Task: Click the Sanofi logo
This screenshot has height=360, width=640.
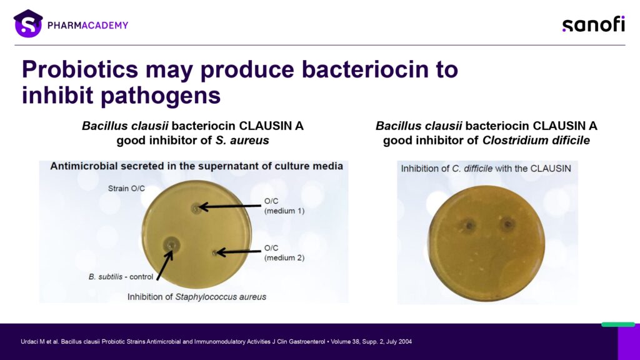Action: click(594, 24)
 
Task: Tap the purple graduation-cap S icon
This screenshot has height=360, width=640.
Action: click(28, 24)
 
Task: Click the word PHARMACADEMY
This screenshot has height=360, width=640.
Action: click(87, 25)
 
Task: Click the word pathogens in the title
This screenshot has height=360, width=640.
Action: click(161, 96)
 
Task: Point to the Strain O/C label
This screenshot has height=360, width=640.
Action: click(126, 189)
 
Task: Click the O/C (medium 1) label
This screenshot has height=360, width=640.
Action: click(284, 206)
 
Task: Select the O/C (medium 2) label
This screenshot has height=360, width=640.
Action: click(284, 252)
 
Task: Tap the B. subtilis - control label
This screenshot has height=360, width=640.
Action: click(121, 277)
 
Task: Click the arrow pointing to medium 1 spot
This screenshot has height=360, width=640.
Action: click(230, 206)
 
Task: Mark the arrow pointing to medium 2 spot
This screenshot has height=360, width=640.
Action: click(239, 252)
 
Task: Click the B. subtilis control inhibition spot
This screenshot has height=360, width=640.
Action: click(171, 245)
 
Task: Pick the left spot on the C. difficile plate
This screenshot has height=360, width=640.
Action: click(469, 225)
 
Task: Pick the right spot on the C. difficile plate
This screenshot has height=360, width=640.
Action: click(507, 224)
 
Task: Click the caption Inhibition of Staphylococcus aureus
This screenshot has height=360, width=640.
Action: click(197, 297)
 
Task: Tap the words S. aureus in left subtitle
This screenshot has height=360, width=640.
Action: click(242, 141)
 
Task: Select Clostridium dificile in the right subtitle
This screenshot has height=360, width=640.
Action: click(536, 141)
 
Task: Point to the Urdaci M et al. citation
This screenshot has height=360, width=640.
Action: click(216, 342)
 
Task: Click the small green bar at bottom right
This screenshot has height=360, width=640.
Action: click(618, 324)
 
